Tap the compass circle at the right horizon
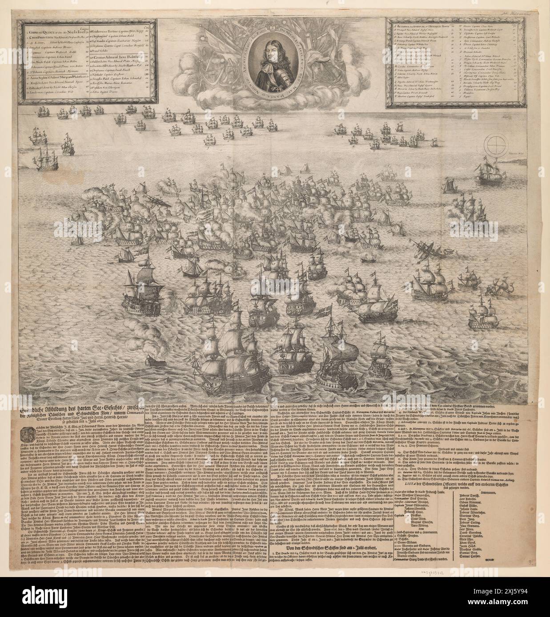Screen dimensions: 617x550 pyautogui.click(x=497, y=145)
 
